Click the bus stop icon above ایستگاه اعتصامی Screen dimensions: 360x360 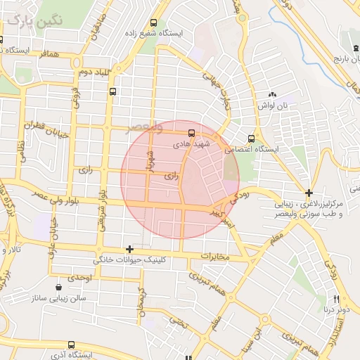click(252, 138)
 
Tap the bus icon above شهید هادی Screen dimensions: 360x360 click(191, 132)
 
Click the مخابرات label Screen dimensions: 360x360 click(215, 256)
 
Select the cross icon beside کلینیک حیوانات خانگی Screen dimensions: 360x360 click(129, 249)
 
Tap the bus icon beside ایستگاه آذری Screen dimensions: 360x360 click(70, 345)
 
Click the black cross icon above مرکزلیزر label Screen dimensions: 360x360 click(309, 192)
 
